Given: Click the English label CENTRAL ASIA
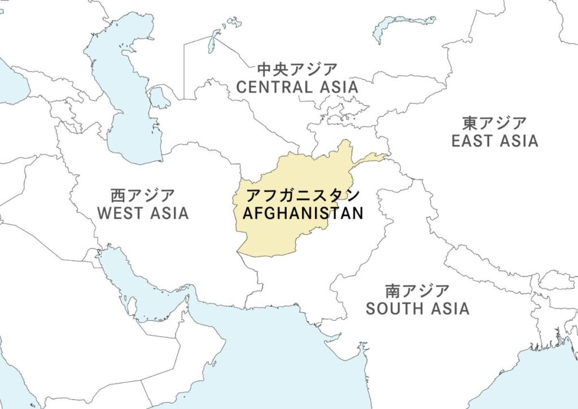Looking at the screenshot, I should [297, 87].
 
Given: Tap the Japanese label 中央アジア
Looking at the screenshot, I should [297, 70].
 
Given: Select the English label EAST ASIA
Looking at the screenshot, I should [494, 141].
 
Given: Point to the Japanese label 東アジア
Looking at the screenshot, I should [494, 123].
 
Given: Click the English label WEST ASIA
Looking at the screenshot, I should [143, 213].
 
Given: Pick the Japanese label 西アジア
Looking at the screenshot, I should [143, 195].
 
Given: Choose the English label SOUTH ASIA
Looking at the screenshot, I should [417, 308].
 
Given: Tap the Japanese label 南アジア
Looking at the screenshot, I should [417, 291].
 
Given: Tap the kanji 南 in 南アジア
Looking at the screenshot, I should [393, 291].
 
